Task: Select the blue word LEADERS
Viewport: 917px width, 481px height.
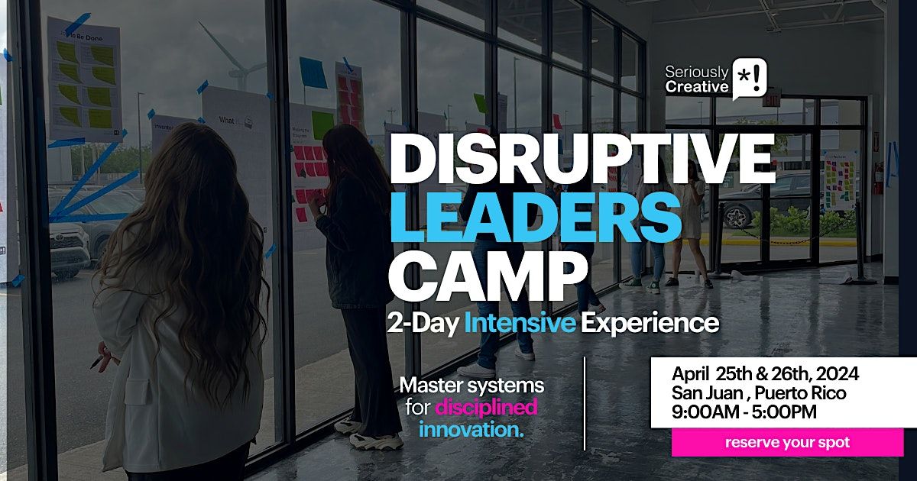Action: (535, 217)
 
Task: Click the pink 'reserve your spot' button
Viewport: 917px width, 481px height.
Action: (786, 442)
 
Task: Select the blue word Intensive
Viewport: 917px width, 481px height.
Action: (520, 324)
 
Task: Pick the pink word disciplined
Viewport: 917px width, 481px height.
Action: (486, 408)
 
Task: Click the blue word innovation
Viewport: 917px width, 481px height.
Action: (471, 429)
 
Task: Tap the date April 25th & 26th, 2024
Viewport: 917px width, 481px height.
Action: (765, 374)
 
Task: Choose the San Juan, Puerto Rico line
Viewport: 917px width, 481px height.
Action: (759, 393)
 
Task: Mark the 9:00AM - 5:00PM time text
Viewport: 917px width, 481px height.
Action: (744, 412)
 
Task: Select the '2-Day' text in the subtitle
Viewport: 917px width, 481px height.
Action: (424, 324)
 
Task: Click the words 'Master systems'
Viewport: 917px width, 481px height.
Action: (471, 386)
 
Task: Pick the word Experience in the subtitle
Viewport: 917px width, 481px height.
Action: (650, 324)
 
